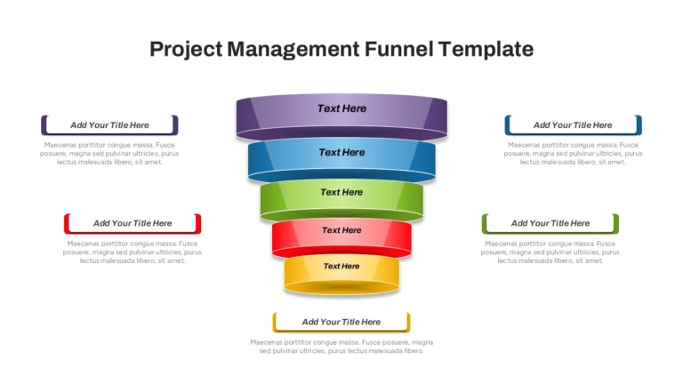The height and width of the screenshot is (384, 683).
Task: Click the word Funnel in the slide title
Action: click(x=398, y=49)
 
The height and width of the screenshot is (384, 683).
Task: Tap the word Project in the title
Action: click(x=186, y=49)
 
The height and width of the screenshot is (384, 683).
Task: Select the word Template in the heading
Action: click(x=486, y=49)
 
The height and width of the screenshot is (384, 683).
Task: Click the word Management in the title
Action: click(x=293, y=49)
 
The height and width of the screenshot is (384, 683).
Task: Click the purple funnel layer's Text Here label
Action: click(x=341, y=108)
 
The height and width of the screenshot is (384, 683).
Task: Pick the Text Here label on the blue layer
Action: click(x=341, y=152)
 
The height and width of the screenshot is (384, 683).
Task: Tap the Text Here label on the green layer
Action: click(x=341, y=192)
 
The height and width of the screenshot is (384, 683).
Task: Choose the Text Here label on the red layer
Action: click(x=341, y=230)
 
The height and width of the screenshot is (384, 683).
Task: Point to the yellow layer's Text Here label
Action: click(x=341, y=266)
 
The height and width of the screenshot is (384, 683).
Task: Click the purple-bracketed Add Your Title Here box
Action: click(x=109, y=125)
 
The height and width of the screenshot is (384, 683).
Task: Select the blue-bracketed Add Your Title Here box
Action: click(x=573, y=125)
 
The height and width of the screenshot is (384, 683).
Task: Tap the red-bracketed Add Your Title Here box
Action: click(x=133, y=223)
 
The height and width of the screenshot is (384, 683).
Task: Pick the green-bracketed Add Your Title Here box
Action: click(x=550, y=223)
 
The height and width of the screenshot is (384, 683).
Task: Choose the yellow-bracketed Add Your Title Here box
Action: click(x=341, y=322)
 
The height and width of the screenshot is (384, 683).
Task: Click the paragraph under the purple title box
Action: click(x=109, y=153)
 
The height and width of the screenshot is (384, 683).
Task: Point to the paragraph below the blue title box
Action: click(x=573, y=153)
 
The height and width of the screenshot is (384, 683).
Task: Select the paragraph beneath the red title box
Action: click(x=133, y=252)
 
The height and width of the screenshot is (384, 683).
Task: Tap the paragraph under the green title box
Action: click(x=550, y=252)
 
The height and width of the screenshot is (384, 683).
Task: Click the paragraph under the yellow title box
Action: click(x=341, y=347)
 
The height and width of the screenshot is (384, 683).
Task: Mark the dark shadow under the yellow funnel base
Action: click(x=341, y=286)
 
